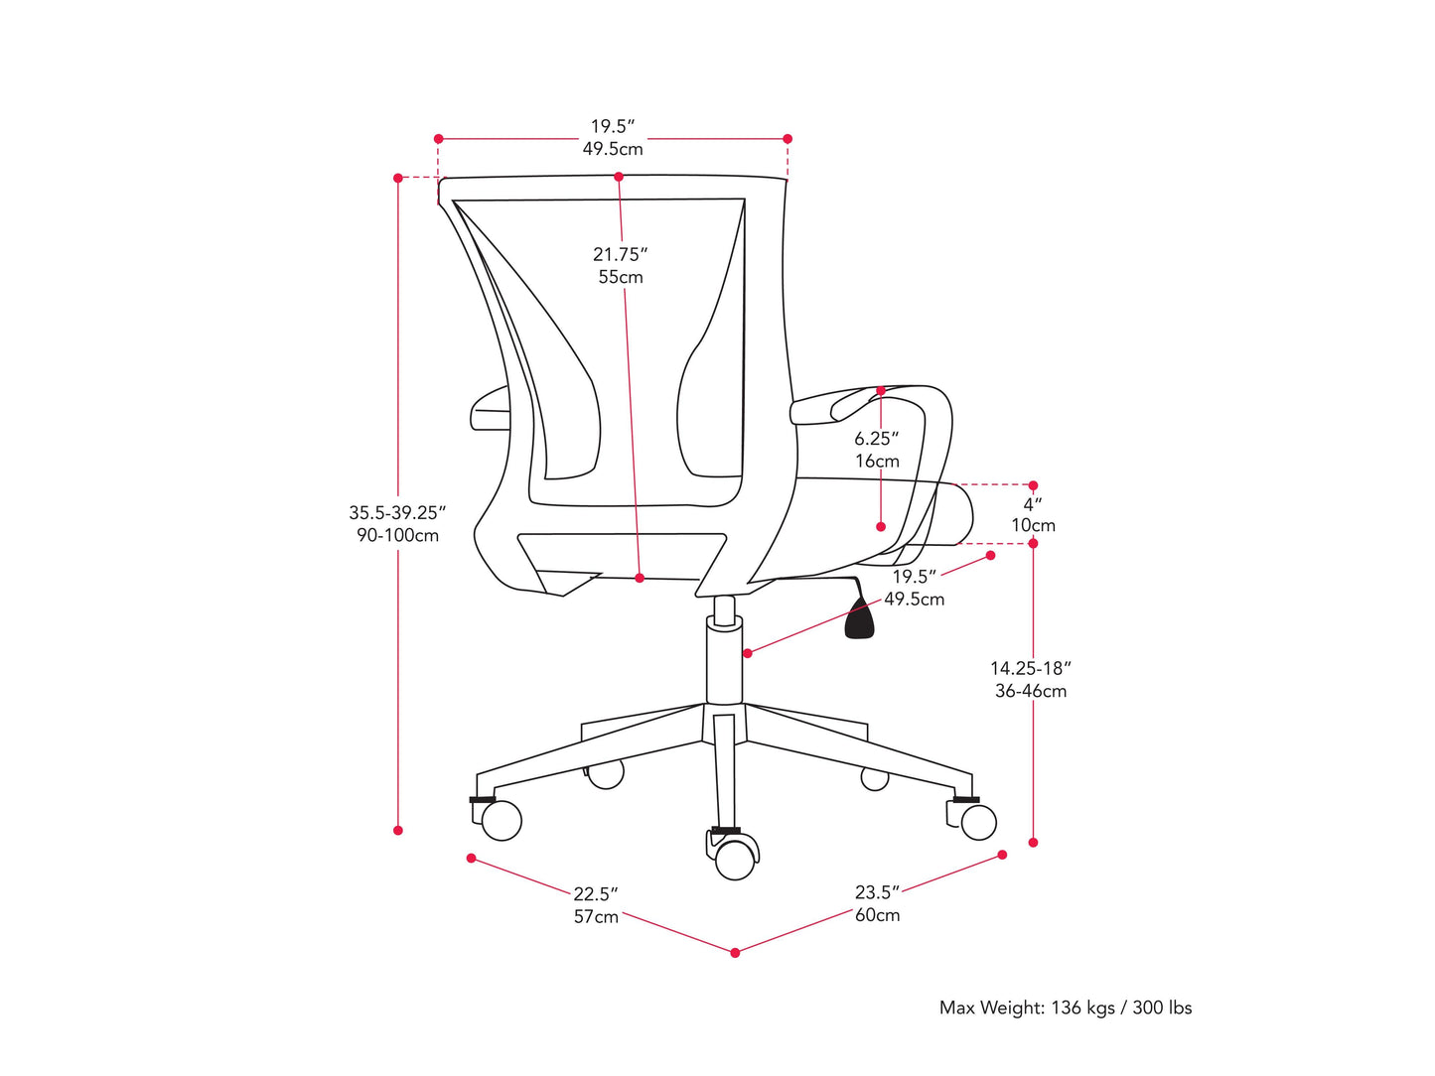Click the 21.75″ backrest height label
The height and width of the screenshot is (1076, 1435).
620,255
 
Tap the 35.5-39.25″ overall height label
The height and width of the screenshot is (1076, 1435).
397,513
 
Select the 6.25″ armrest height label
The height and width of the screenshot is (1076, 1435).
876,439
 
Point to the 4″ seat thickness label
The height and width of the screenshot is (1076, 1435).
1033,504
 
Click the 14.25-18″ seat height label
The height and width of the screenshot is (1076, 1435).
1031,669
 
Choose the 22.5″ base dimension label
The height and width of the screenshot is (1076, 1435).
595,894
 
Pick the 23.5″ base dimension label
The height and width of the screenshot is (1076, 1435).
877,892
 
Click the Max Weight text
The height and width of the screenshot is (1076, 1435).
1065,1008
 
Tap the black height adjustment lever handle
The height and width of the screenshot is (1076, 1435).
860,619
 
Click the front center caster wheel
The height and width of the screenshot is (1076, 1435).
735,860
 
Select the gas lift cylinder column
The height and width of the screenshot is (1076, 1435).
724,660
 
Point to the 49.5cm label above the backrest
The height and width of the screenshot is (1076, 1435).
613,149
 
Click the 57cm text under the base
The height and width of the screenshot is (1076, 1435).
596,917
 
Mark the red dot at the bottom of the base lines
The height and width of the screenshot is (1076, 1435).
735,953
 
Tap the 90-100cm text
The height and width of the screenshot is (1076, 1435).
397,536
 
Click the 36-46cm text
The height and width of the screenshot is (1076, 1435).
1031,692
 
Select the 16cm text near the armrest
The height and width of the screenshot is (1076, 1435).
877,462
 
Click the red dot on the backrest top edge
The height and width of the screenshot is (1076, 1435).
619,177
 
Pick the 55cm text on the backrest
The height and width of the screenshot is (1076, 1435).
621,278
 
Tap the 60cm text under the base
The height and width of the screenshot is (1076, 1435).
878,915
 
